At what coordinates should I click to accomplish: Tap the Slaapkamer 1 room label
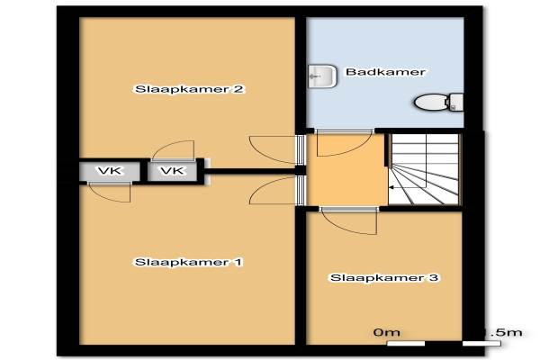pyautogui.click(x=188, y=262)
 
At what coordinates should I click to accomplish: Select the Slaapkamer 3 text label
pyautogui.click(x=383, y=279)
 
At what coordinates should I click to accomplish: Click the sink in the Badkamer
pyautogui.click(x=321, y=76)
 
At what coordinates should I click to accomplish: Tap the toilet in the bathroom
pyautogui.click(x=440, y=102)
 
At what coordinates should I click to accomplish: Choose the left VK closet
pyautogui.click(x=109, y=170)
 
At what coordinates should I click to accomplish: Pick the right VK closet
pyautogui.click(x=173, y=170)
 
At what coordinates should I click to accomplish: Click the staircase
pyautogui.click(x=424, y=171)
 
